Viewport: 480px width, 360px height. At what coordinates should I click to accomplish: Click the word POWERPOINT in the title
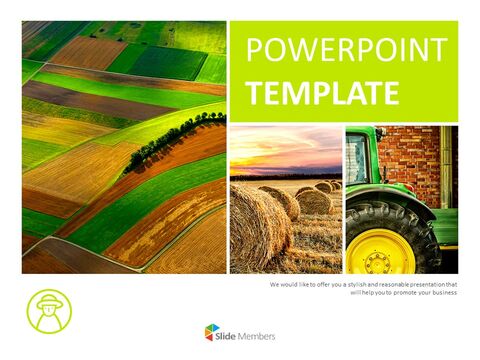(346, 50)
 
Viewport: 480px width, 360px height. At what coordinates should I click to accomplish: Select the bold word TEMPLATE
(322, 93)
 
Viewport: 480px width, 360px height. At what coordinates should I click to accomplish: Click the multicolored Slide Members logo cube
(211, 333)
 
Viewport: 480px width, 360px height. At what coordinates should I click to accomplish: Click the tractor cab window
(356, 158)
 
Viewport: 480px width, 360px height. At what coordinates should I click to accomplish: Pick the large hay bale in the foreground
(258, 229)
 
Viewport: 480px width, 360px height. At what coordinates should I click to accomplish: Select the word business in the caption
(440, 293)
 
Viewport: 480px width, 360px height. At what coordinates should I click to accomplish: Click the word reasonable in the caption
(385, 284)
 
